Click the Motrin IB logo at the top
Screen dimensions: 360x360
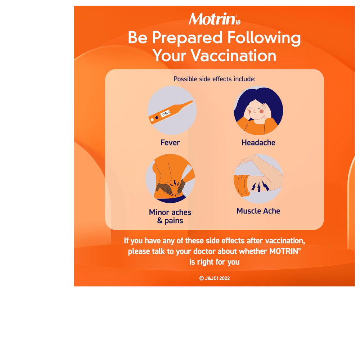click(x=215, y=19)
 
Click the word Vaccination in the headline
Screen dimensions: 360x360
click(x=234, y=55)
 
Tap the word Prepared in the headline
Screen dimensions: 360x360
click(x=187, y=38)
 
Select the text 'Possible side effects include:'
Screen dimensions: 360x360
click(x=214, y=79)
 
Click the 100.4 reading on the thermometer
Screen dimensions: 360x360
click(x=166, y=113)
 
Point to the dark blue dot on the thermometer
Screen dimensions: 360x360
click(x=157, y=118)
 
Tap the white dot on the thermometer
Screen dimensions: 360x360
click(x=152, y=120)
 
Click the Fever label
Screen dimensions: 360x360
click(x=170, y=143)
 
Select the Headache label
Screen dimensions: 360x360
click(x=258, y=143)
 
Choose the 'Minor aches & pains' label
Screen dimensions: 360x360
click(x=170, y=216)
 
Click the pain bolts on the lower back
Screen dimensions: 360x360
click(x=175, y=188)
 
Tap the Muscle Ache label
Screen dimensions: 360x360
click(x=258, y=211)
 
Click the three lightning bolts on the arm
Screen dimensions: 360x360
click(x=260, y=186)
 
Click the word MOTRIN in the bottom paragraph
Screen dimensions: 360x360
click(x=284, y=251)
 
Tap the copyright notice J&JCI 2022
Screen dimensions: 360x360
click(x=215, y=278)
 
